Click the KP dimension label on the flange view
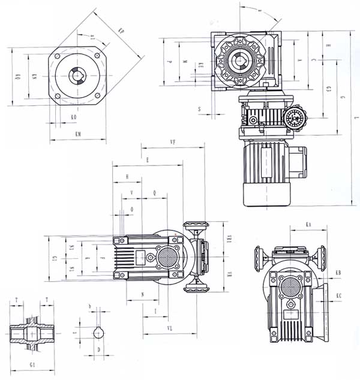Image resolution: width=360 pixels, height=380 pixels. (122, 31)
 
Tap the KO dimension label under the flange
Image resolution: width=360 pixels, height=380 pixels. (73, 117)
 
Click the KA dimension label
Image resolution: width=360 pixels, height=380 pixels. (308, 224)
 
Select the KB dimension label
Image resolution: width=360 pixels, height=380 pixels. (338, 273)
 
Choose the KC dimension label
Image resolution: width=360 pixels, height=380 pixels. (339, 295)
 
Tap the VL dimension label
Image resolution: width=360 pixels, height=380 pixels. (171, 328)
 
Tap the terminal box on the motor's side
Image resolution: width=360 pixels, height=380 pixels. (296, 162)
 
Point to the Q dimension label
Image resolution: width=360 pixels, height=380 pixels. (155, 192)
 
